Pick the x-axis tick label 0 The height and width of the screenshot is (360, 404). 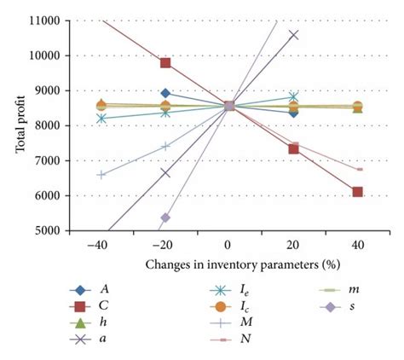click(x=229, y=244)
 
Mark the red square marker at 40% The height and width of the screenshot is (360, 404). click(x=357, y=192)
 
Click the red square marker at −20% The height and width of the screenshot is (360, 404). click(x=165, y=62)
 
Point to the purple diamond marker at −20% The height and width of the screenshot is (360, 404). click(x=165, y=218)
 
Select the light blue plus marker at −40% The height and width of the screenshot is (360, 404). click(x=101, y=175)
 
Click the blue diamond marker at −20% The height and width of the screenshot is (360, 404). click(x=165, y=93)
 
